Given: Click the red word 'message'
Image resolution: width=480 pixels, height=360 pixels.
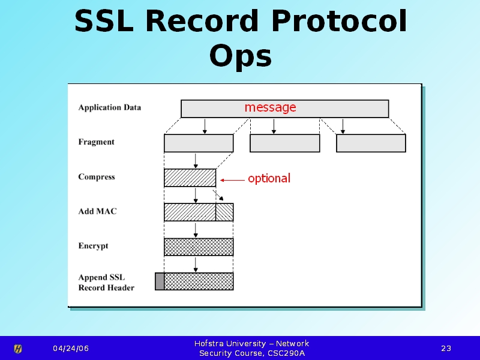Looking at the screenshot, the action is point(271,107).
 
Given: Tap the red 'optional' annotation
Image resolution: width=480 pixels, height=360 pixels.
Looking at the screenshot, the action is point(269,178).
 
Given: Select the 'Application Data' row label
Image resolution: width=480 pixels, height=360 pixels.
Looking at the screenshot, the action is point(110,107).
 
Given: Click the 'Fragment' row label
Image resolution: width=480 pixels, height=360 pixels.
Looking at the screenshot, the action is point(96,142).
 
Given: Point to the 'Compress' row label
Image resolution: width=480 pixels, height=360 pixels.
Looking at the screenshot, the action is point(97,177).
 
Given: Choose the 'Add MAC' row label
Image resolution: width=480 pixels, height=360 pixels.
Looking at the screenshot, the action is point(97,211).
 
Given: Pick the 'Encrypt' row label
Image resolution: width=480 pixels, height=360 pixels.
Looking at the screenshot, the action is point(93,246).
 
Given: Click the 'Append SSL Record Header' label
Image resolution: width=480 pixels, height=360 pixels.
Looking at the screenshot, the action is point(106,282).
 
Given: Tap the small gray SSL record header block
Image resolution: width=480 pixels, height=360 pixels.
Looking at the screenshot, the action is point(160,281).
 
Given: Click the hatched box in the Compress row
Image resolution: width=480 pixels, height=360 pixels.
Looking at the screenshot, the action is point(190,178).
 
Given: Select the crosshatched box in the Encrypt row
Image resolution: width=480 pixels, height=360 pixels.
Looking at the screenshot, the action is point(199,247).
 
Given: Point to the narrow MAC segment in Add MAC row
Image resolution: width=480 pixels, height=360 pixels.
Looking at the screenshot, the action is point(224,212).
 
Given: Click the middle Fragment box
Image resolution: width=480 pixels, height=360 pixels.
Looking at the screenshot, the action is point(284,143).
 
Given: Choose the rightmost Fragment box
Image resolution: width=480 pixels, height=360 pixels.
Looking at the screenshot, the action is point(371,143).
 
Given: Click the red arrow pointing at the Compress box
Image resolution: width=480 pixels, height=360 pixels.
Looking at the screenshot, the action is point(232,180).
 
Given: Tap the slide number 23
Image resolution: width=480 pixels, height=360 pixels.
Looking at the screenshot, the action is point(446,349).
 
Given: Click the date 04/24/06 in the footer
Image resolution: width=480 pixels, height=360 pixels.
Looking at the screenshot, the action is point(71,349).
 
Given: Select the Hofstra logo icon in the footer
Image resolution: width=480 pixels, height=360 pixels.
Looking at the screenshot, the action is point(18,349).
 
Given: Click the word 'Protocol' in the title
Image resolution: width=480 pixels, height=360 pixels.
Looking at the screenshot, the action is point(339,22).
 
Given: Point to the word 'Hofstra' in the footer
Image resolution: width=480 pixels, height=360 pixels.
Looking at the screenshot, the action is point(209,343).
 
